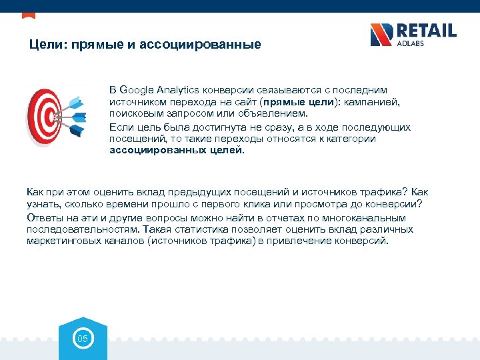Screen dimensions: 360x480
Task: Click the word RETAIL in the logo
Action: coord(427,31)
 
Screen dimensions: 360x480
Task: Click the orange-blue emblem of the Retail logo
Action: coord(381,35)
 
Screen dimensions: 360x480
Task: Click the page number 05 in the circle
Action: coord(83,339)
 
